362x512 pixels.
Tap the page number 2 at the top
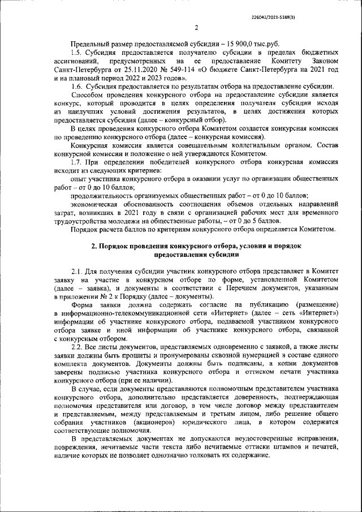point(196,28)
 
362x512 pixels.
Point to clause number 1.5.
point(76,53)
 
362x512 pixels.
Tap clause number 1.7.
point(77,162)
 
